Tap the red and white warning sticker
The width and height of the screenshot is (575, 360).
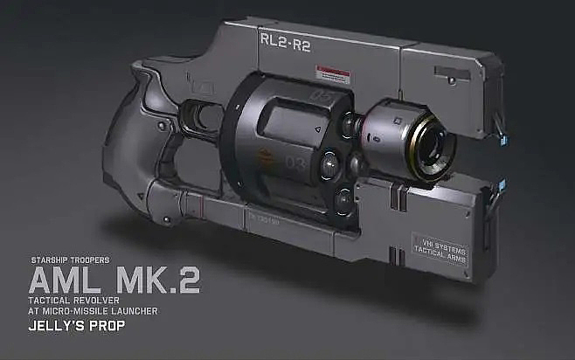[333, 72]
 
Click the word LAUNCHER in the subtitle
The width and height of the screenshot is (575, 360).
[132, 312]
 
